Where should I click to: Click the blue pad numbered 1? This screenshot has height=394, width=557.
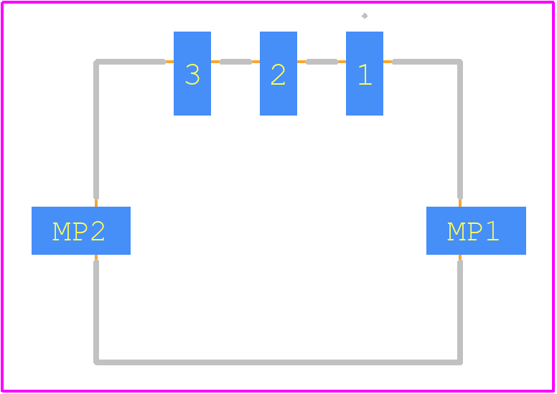(365, 73)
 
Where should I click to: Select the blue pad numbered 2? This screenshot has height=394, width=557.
(278, 73)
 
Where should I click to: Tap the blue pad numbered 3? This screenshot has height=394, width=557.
(192, 73)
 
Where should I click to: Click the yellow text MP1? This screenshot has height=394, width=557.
(473, 232)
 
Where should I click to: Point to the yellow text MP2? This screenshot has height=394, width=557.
(78, 232)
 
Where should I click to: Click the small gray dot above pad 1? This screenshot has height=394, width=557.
(365, 16)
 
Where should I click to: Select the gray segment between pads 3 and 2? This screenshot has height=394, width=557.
(236, 62)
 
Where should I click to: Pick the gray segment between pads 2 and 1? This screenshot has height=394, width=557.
(322, 62)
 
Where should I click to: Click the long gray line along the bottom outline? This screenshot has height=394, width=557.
(278, 362)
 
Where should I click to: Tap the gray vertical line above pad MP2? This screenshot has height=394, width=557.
(96, 129)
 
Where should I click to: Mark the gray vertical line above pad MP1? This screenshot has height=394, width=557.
(460, 129)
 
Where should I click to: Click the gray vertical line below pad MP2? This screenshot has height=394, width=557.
(96, 312)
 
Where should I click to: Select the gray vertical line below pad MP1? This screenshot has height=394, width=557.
(460, 312)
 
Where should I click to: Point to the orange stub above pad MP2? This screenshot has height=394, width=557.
(96, 203)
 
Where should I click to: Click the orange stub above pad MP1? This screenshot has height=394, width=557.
(460, 203)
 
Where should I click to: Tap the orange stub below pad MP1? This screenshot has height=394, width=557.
(460, 257)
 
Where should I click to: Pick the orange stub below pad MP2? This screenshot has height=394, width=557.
(96, 257)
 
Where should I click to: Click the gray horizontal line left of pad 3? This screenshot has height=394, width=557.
(130, 62)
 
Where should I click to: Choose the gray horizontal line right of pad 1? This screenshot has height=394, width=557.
(427, 62)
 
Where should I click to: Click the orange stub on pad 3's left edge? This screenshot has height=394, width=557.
(170, 62)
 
